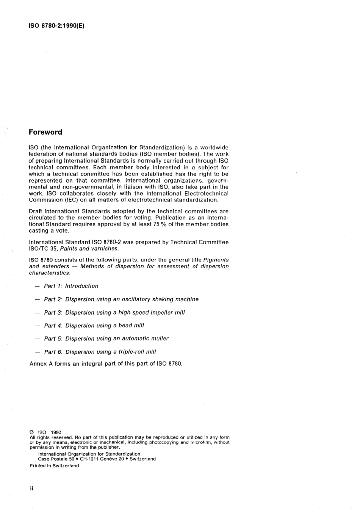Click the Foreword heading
[45, 132]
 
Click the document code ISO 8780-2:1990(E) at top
[56, 27]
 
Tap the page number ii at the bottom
[31, 489]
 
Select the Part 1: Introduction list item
[71, 286]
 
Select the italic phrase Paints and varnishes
[89, 249]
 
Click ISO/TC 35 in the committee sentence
[43, 249]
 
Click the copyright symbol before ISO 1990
[32, 432]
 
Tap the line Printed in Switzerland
[54, 466]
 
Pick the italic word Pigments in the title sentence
[216, 260]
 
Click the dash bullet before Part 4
[37, 326]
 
